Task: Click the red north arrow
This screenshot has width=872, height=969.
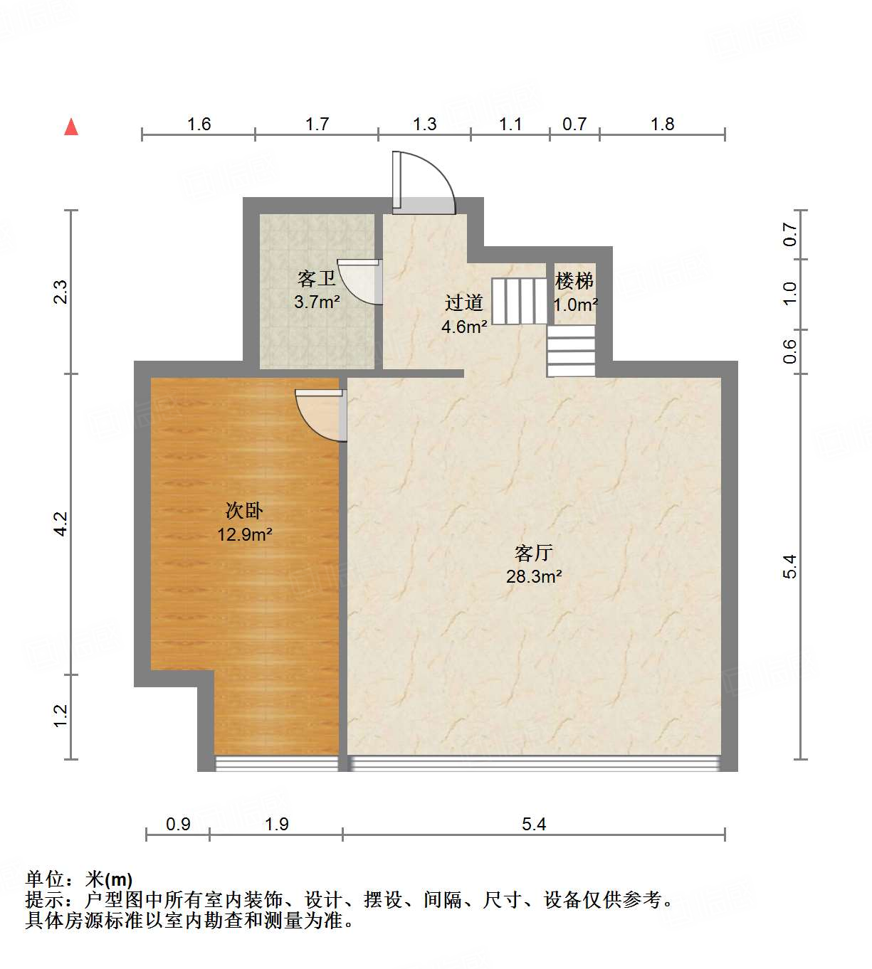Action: pos(71,127)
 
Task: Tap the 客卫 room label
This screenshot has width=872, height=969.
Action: pos(317,278)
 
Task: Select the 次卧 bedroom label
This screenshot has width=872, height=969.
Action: pos(244,510)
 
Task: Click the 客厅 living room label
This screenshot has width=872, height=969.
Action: pos(534,553)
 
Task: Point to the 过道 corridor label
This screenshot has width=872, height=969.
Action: pos(464,303)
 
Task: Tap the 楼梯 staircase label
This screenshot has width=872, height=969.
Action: pos(574,281)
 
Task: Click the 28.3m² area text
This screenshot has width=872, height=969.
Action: pos(534,576)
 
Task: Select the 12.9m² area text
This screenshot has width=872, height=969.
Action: pos(244,534)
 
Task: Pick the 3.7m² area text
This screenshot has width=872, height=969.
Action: pos(317,302)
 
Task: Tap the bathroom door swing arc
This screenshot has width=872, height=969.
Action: pos(362,281)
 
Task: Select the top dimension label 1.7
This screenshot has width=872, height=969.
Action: pos(317,125)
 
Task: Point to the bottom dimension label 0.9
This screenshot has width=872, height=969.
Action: pos(178,824)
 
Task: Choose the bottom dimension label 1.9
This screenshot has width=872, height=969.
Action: pos(276,824)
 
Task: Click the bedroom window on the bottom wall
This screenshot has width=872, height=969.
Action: pos(276,764)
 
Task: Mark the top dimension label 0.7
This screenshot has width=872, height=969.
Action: pos(574,125)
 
